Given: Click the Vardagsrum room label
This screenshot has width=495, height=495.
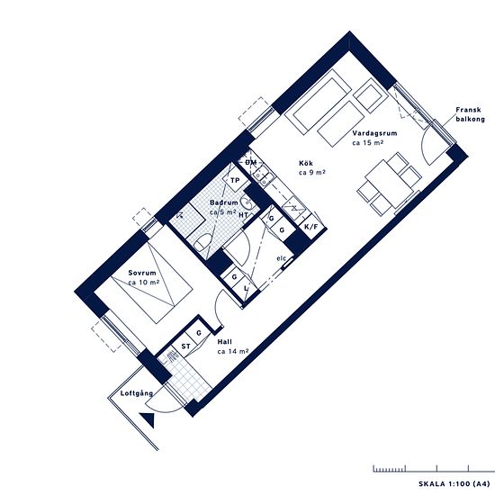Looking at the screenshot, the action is point(374,133).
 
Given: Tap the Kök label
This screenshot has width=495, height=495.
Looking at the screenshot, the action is point(306,163).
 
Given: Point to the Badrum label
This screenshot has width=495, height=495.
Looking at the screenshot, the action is point(223,202).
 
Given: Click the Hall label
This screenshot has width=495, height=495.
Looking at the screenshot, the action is point(225,342).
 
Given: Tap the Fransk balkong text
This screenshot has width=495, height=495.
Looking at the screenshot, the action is point(470,114).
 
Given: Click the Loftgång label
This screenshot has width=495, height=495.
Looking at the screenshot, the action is point(137,393).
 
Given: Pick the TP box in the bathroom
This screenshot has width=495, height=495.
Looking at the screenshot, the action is point(235,180).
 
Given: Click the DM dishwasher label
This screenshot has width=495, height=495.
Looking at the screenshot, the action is point(251,163).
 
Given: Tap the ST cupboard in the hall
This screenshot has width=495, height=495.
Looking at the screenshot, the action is point(185,346).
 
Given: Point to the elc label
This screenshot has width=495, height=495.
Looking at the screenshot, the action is point(282,258).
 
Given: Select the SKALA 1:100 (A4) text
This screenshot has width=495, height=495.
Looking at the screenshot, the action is point(454,483).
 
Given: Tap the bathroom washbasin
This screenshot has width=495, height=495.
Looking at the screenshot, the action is point(247,203).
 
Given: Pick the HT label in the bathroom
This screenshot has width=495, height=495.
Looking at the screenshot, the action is point(243,215).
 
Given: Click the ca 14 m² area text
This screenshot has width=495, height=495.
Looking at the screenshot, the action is point(233,351).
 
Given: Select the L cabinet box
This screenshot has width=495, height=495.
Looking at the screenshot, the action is point(246,289).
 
